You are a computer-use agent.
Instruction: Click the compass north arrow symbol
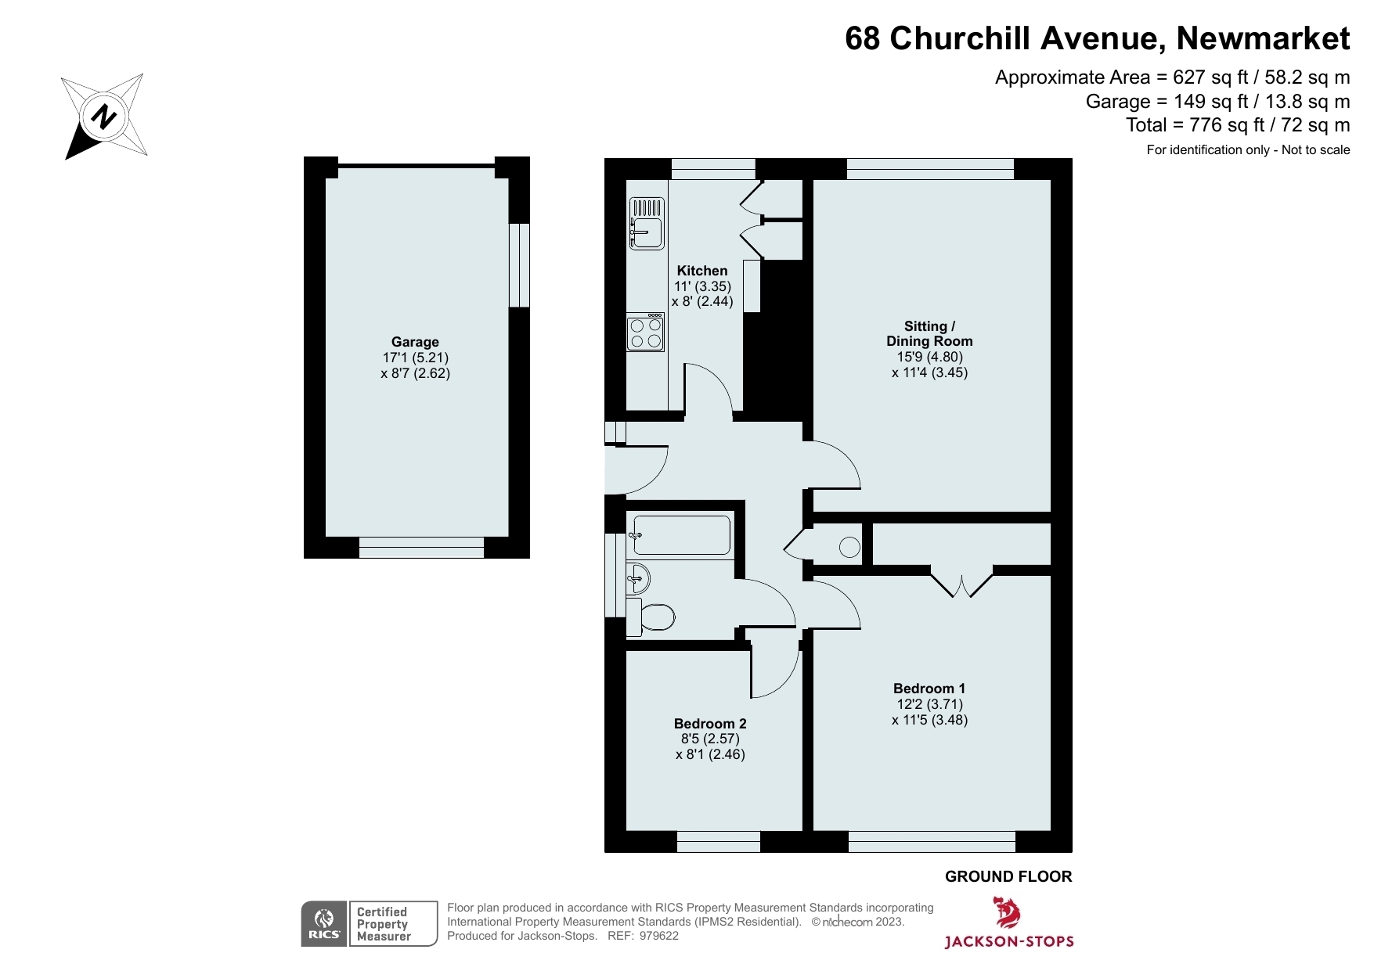tap(104, 117)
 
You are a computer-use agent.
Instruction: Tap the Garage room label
tap(415, 342)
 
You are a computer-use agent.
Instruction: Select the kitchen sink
tap(647, 224)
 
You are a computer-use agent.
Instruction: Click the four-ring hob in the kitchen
tap(646, 333)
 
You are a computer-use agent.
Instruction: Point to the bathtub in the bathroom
tap(680, 535)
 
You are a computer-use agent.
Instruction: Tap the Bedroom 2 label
tap(710, 724)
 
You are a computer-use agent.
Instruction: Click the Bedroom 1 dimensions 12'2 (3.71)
tap(929, 704)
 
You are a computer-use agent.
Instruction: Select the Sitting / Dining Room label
tap(929, 333)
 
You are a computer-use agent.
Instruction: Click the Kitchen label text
tap(702, 271)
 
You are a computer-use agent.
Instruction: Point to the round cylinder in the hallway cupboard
tap(849, 547)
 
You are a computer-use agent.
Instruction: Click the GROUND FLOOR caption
tap(1008, 876)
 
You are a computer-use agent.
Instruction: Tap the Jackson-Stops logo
tap(1008, 923)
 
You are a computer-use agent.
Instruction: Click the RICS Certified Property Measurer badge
tap(370, 924)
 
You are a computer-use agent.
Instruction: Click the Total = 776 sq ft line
tap(1237, 125)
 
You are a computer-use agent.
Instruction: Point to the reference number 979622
tap(659, 936)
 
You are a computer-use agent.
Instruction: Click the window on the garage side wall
tap(519, 265)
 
